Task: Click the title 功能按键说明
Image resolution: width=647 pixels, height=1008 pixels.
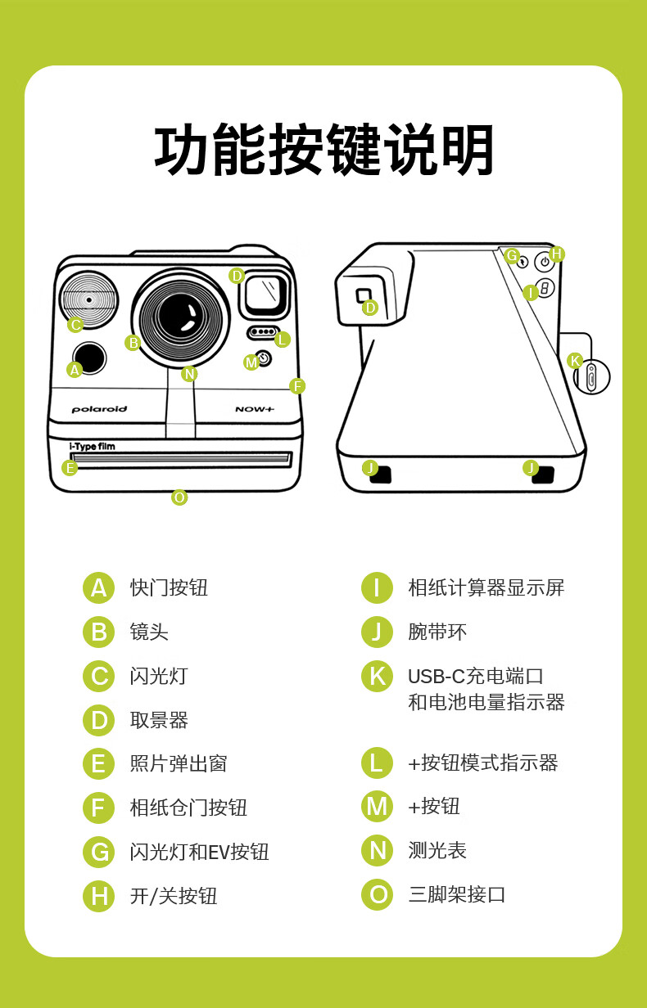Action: (x=323, y=149)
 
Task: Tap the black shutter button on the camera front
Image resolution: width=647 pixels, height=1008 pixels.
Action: (x=89, y=358)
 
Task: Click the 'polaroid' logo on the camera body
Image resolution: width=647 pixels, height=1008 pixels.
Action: (x=99, y=409)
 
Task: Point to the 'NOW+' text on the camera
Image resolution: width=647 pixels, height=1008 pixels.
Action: (x=255, y=409)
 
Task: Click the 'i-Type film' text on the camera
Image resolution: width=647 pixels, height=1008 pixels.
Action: (x=92, y=447)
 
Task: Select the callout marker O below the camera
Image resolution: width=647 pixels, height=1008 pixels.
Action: (x=179, y=497)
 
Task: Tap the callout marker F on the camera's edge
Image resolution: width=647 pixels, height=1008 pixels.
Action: (x=297, y=386)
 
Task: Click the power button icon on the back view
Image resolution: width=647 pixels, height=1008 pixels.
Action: (x=545, y=262)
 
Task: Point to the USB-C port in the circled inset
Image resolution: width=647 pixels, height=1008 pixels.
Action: (x=591, y=376)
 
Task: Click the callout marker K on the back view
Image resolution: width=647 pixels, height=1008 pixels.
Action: (x=574, y=361)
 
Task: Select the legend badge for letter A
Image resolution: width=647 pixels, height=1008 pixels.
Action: (x=98, y=587)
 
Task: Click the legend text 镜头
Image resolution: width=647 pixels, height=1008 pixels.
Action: (x=149, y=632)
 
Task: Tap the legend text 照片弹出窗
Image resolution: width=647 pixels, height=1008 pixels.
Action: (x=179, y=763)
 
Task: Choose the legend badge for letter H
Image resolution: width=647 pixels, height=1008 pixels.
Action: (x=98, y=896)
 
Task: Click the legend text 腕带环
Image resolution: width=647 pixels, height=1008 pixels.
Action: (x=437, y=632)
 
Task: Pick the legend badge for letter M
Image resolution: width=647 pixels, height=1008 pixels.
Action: (x=377, y=807)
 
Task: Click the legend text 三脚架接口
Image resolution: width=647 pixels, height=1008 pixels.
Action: (x=456, y=894)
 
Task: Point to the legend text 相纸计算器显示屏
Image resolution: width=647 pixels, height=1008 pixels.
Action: (x=486, y=587)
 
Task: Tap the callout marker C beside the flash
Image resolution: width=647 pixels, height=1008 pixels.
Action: (x=75, y=325)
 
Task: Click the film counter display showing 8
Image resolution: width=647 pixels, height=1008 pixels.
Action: (x=545, y=289)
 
